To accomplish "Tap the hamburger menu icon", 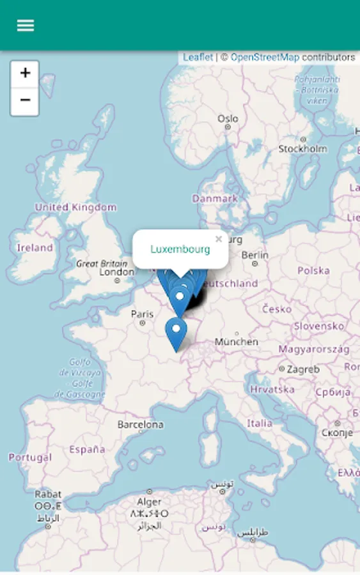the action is (26, 26).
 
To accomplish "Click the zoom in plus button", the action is (25, 74).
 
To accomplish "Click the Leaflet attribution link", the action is (198, 57).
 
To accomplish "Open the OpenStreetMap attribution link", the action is (265, 57).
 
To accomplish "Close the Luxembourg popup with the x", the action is (219, 240).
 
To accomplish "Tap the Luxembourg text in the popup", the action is (180, 249).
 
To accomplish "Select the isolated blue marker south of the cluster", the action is (176, 332).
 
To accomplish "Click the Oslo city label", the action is (228, 119).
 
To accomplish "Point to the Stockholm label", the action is (302, 149).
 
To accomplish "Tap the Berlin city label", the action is (255, 254).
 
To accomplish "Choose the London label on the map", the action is (117, 272).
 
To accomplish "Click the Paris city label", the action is (142, 314).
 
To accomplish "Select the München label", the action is (237, 342).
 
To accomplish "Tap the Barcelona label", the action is (140, 424).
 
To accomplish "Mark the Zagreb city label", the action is (303, 369).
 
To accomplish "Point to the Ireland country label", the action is (35, 248).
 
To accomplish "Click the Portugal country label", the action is (30, 457).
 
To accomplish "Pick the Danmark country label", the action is (215, 199).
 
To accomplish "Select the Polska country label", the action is (313, 270).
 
